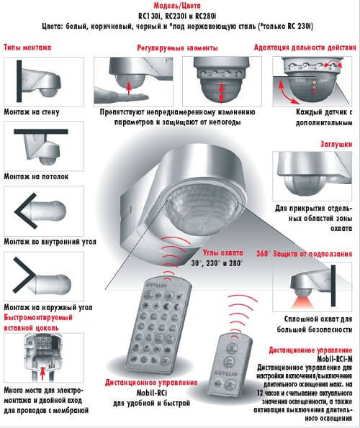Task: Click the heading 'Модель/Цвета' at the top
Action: pyautogui.click(x=177, y=6)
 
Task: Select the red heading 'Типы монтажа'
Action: pyautogui.click(x=27, y=47)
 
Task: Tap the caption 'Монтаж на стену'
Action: pyautogui.click(x=32, y=112)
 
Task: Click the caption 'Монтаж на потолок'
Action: pyautogui.click(x=36, y=177)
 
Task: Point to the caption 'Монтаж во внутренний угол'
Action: pyautogui.click(x=50, y=242)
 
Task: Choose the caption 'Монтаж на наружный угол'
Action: pyautogui.click(x=48, y=307)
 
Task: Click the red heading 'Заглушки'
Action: pyautogui.click(x=336, y=144)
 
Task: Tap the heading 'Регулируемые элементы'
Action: pyautogui.click(x=177, y=48)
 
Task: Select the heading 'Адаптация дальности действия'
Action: pyautogui.click(x=305, y=47)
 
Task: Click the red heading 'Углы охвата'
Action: pyautogui.click(x=223, y=252)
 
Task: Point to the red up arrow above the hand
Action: pyautogui.click(x=129, y=88)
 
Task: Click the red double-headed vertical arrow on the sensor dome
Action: pyautogui.click(x=222, y=92)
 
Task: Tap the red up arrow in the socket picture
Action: pyautogui.click(x=42, y=373)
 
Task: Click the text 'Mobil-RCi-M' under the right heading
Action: pyautogui.click(x=335, y=358)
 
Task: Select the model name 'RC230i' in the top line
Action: pyautogui.click(x=176, y=16)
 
